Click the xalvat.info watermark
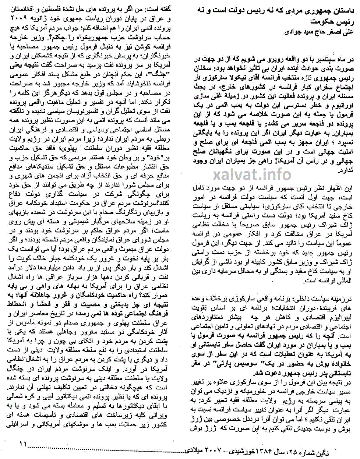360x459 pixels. point(252,174)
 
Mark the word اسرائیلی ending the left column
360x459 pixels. point(22,424)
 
